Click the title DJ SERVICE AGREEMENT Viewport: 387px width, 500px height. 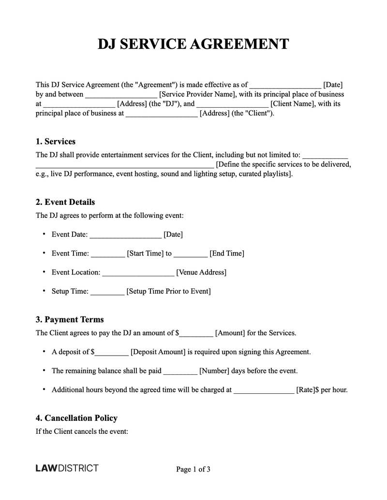pyautogui.click(x=193, y=44)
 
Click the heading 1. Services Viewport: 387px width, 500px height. pyautogui.click(x=56, y=142)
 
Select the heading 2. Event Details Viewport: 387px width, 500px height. pyautogui.click(x=65, y=202)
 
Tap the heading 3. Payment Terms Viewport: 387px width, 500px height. pyautogui.click(x=70, y=319)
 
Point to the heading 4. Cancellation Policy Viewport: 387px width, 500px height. pyautogui.click(x=76, y=418)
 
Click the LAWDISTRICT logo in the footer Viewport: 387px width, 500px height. pyautogui.click(x=67, y=468)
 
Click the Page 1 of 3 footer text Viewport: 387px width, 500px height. pyautogui.click(x=193, y=469)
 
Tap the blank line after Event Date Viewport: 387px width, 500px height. pyautogui.click(x=125, y=235)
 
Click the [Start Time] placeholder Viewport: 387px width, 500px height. pyautogui.click(x=145, y=253)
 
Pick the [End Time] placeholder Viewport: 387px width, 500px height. pyautogui.click(x=226, y=253)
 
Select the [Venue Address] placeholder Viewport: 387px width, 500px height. pyautogui.click(x=201, y=272)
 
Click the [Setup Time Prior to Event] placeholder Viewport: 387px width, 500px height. pyautogui.click(x=168, y=291)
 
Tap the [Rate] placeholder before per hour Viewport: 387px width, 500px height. pyautogui.click(x=305, y=390)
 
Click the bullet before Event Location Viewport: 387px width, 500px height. pyautogui.click(x=44, y=272)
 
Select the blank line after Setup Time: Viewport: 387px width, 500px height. pyautogui.click(x=107, y=292)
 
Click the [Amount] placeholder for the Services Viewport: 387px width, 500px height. pyautogui.click(x=231, y=333)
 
